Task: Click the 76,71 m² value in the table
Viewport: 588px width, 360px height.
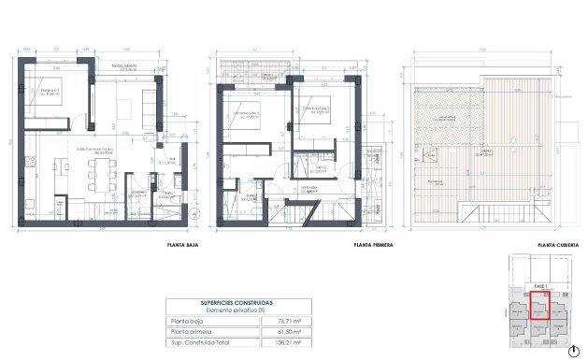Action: coord(288,321)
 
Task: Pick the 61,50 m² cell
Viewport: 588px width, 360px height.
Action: coord(288,332)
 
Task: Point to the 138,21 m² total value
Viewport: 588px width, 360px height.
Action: coord(288,343)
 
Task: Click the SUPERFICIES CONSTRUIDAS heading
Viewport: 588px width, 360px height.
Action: coord(237,303)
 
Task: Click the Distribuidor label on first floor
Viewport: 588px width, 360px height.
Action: coord(308,186)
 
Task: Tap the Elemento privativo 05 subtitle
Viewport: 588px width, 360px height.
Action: coord(237,310)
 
